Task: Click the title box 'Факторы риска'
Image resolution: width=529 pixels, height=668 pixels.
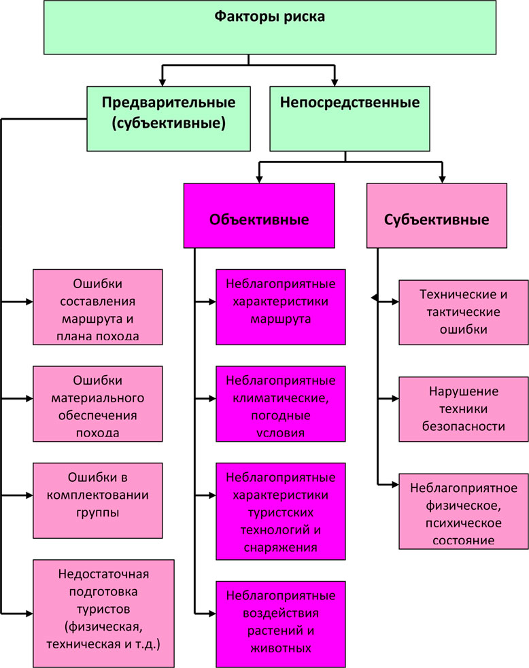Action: click(270, 27)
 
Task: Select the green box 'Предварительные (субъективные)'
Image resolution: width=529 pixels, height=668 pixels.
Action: click(169, 118)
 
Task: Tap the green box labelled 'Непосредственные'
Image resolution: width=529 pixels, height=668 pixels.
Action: click(349, 118)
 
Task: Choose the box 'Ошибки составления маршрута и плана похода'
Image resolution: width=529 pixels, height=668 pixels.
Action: click(98, 308)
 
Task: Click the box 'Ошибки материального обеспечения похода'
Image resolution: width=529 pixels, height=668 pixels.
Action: click(98, 405)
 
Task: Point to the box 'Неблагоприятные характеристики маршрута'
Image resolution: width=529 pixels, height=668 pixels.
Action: click(281, 306)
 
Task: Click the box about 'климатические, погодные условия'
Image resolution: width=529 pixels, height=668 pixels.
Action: click(281, 405)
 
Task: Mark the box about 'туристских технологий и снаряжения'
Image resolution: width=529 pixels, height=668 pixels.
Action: click(281, 512)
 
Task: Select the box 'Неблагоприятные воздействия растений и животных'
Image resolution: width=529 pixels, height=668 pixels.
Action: click(281, 622)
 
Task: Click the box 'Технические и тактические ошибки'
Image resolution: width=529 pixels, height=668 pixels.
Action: click(463, 312)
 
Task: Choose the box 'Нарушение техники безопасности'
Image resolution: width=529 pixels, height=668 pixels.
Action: click(463, 409)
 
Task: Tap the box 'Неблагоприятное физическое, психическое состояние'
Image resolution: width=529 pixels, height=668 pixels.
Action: click(463, 513)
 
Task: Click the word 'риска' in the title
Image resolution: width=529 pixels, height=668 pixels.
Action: click(299, 16)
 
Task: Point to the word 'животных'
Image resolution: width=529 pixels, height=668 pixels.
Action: click(281, 648)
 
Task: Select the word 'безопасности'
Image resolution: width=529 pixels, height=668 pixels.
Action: click(463, 427)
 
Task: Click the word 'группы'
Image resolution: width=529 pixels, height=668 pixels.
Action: click(98, 512)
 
